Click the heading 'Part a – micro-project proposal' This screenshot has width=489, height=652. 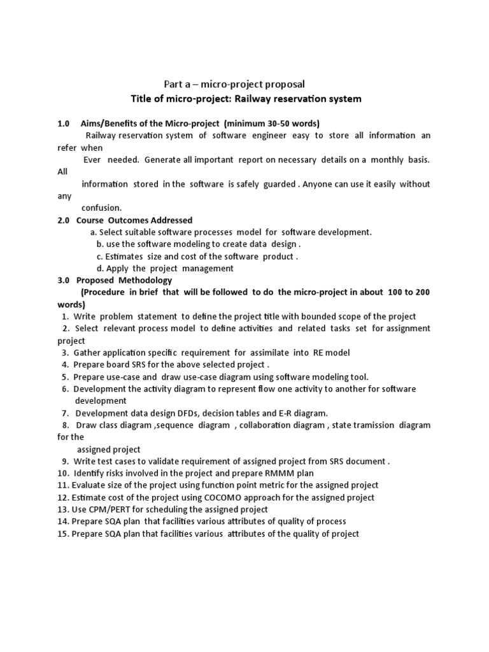click(x=234, y=84)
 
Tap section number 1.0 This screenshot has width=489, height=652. click(x=63, y=123)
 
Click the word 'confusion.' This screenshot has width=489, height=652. click(x=101, y=208)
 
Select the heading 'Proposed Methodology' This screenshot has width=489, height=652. click(x=124, y=280)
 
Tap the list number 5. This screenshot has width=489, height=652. click(x=65, y=377)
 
